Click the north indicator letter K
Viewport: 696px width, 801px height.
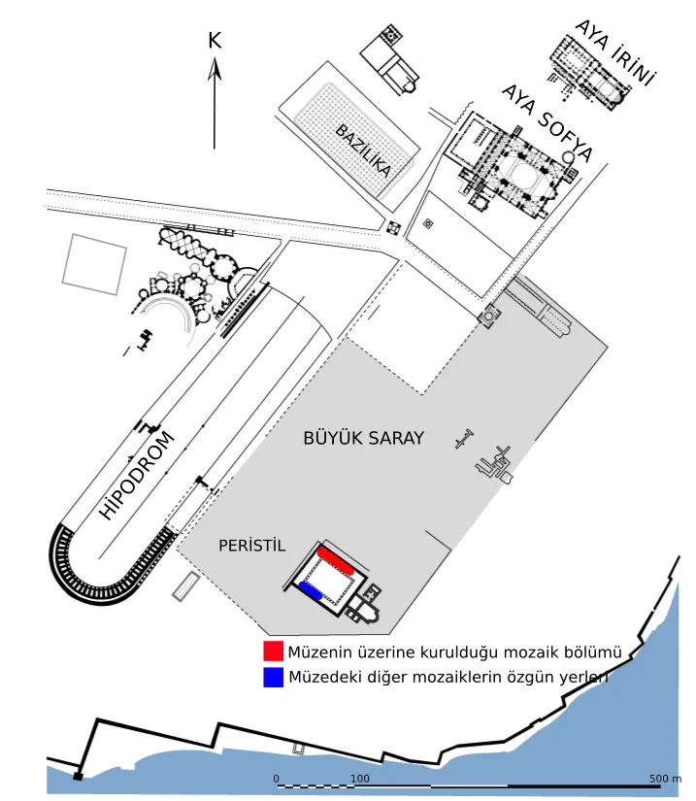click(x=215, y=41)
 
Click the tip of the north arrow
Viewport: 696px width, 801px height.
click(x=215, y=57)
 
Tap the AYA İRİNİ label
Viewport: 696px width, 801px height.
click(x=614, y=53)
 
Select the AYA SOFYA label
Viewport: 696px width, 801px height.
click(x=547, y=122)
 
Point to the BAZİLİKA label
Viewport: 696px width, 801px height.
click(x=363, y=150)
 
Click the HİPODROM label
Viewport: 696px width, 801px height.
click(x=136, y=476)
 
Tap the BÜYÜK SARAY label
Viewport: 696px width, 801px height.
click(x=364, y=438)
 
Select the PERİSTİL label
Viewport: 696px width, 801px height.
click(x=251, y=546)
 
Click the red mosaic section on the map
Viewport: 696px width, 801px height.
click(x=336, y=560)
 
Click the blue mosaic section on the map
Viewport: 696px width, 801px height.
click(x=311, y=590)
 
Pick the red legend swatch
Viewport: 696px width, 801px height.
click(x=273, y=651)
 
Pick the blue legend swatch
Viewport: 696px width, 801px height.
click(x=273, y=678)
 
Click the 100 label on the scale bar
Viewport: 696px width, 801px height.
click(x=360, y=779)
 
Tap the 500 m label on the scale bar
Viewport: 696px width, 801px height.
click(x=665, y=779)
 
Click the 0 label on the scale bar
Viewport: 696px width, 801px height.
click(x=277, y=779)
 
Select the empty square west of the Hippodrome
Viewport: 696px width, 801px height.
click(x=94, y=265)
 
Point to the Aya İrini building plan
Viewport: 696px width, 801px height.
click(x=589, y=72)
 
